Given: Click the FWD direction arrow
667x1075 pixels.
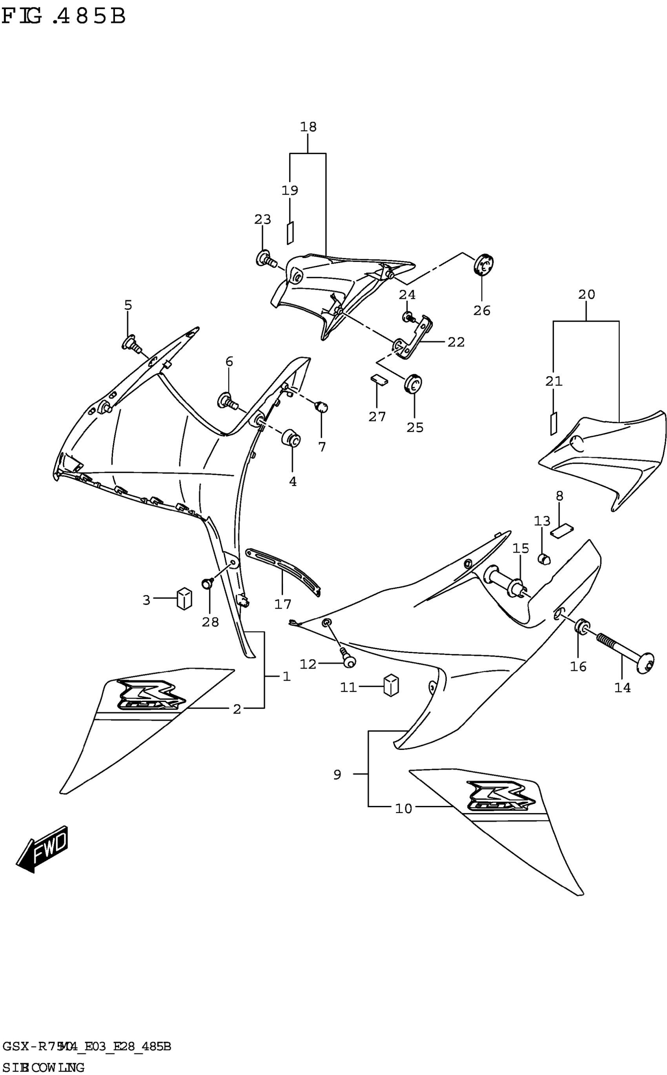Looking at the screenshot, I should point(43,848).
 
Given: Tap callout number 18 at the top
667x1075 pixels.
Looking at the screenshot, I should point(308,127).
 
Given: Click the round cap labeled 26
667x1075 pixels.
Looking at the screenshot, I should point(484,264).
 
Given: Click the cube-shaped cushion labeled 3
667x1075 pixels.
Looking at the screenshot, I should point(184,598).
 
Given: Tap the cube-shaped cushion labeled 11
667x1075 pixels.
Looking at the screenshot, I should point(391,685).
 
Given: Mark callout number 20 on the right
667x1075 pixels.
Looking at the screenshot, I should point(586,295).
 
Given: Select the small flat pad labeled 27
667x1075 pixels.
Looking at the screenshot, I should point(379,379).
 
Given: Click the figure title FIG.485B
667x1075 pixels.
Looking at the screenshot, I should point(64,16).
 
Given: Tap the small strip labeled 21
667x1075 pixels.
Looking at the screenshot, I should point(553,423).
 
